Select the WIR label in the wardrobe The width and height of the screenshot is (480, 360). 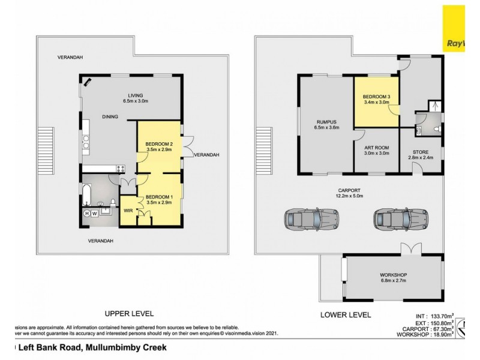coord(128,211)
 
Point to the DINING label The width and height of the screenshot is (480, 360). coord(110,117)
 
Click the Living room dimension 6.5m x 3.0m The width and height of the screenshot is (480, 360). coord(134,101)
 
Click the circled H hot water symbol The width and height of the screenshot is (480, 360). coord(87,214)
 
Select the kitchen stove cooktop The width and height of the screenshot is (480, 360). coord(120,169)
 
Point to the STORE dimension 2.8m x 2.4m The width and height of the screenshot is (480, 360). coord(419,159)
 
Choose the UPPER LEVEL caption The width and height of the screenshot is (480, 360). coord(130,314)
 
